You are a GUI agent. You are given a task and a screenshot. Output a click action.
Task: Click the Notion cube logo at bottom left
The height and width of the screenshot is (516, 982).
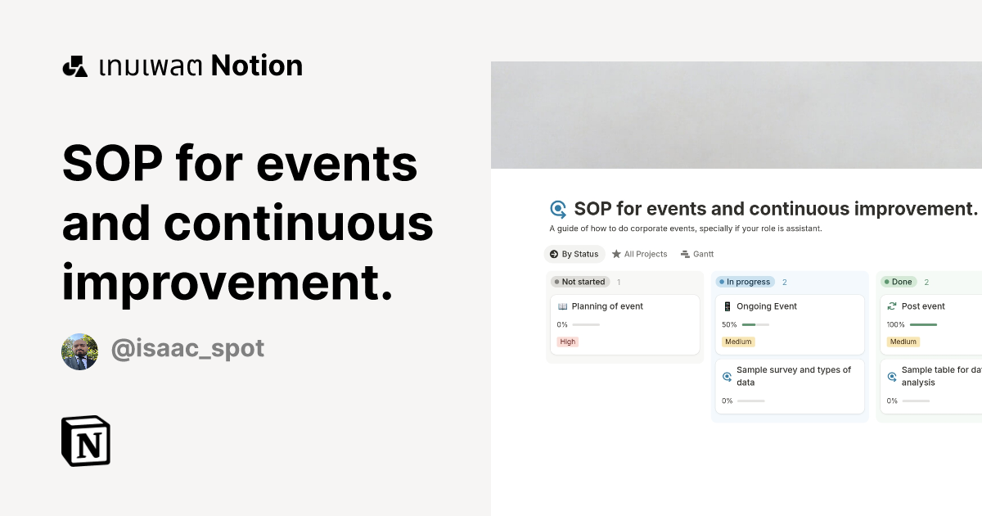click(86, 441)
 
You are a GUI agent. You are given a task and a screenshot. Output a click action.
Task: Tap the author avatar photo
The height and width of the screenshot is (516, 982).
click(79, 351)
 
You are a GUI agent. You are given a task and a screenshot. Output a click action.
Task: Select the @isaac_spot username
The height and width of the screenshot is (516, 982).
click(187, 348)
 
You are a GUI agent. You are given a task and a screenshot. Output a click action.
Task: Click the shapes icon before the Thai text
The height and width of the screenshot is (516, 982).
click(75, 66)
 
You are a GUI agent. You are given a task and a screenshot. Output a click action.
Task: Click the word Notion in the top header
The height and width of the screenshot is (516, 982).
click(256, 66)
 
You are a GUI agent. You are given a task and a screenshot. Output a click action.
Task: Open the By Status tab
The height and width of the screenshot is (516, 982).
click(574, 254)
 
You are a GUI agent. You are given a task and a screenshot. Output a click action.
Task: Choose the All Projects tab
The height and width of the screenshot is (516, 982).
click(640, 254)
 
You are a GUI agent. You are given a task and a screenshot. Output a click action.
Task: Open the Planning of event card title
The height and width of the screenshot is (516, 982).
click(607, 306)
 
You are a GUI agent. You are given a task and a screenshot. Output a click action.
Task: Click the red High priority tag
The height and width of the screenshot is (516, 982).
click(568, 342)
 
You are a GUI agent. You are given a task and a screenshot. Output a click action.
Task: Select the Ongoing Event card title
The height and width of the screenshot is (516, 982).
click(767, 306)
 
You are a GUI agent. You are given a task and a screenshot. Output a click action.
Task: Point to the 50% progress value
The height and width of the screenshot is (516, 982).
click(729, 324)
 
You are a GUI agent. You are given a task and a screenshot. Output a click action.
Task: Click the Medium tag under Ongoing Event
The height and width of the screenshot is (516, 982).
click(738, 342)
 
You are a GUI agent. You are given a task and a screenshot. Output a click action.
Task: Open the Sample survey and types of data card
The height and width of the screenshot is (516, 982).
click(793, 376)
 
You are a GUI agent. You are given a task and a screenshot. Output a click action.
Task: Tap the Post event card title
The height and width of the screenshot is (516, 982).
click(923, 306)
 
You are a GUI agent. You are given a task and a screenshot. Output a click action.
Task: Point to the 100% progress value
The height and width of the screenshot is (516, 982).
click(895, 324)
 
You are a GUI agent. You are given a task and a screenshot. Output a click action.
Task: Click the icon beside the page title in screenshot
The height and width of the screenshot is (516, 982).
click(558, 209)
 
